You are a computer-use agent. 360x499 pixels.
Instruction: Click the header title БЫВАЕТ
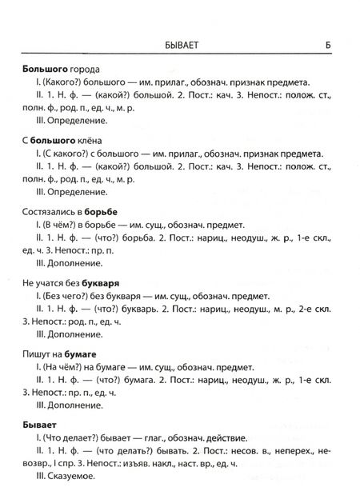tap(179, 46)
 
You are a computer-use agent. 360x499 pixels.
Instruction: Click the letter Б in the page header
tap(329, 45)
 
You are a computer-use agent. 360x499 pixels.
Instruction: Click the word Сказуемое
tap(71, 477)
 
